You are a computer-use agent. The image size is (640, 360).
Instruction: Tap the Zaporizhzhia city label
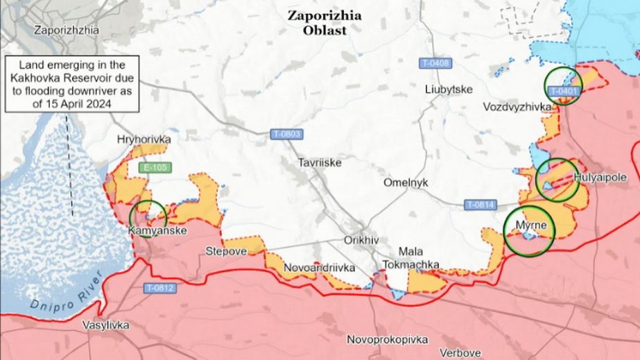66,31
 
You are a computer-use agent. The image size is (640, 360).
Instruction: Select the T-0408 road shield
435,63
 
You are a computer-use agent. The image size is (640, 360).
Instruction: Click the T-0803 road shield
286,133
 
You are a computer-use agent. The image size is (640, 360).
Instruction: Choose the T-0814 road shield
480,205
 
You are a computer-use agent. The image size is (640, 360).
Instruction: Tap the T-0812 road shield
160,288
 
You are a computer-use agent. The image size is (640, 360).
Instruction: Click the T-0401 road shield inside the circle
562,92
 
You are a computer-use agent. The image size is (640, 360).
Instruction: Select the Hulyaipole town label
595,178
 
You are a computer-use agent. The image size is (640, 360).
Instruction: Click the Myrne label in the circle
531,226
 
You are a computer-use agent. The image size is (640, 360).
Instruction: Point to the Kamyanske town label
157,231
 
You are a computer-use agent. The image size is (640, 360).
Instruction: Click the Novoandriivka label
320,267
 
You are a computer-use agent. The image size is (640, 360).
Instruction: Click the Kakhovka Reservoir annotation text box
73,83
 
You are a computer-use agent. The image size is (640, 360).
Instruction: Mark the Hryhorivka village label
144,139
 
